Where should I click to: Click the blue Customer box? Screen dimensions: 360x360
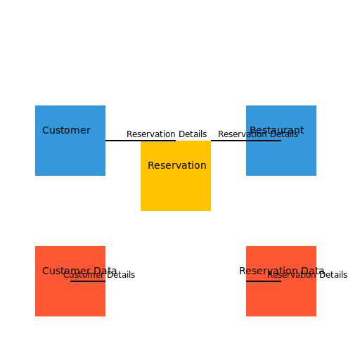point(70,151)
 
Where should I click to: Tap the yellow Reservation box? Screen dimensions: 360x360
point(176,186)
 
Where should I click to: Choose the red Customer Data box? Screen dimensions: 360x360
point(70,295)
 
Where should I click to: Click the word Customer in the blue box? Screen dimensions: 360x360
point(66,130)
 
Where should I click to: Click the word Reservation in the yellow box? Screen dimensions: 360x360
point(177,165)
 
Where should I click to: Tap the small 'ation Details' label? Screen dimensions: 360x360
point(272,135)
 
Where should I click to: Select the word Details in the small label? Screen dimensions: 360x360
point(283,135)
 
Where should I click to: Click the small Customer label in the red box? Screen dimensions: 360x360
point(83,276)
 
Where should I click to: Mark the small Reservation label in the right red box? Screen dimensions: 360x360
point(291,276)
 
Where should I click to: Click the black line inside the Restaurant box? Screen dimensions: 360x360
point(263,141)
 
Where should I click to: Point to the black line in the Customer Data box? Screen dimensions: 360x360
point(87,281)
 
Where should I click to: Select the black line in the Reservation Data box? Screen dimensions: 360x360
point(263,281)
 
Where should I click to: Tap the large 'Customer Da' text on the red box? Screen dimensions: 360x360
point(73,270)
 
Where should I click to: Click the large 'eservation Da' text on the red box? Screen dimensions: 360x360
point(280,270)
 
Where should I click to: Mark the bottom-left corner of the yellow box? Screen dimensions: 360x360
point(141,210)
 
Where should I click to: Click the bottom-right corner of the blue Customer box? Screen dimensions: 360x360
point(105,175)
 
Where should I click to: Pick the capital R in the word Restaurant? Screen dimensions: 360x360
point(253,130)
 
